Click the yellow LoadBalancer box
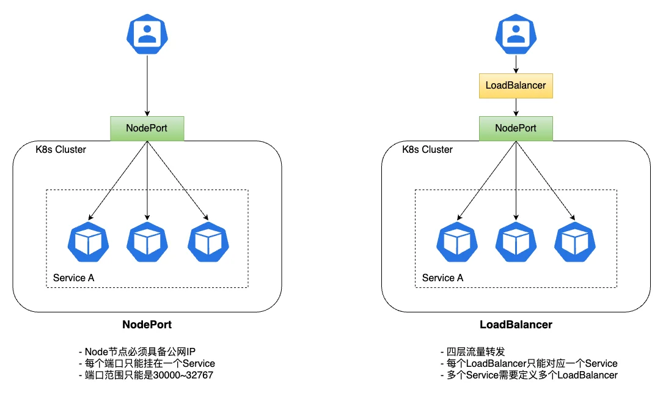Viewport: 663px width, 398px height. (516, 86)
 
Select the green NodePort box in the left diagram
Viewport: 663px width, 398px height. (147, 128)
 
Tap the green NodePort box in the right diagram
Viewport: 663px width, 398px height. (516, 128)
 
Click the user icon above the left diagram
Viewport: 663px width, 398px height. (147, 33)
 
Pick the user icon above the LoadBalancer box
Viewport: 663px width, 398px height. (516, 33)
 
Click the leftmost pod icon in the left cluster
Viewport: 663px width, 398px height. (89, 242)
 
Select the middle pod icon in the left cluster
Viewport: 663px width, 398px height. (147, 242)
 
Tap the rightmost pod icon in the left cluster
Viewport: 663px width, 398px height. (208, 242)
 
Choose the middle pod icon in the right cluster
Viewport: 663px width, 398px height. (516, 242)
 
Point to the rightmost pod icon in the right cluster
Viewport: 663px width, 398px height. (575, 242)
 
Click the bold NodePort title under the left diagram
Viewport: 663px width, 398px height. (147, 325)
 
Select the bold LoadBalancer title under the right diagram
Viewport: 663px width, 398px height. (516, 325)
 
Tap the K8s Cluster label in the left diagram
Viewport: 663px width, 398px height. (60, 150)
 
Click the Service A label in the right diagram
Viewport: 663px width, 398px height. (442, 278)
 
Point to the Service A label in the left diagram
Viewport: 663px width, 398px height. (74, 278)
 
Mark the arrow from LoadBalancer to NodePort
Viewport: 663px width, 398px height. (516, 107)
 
